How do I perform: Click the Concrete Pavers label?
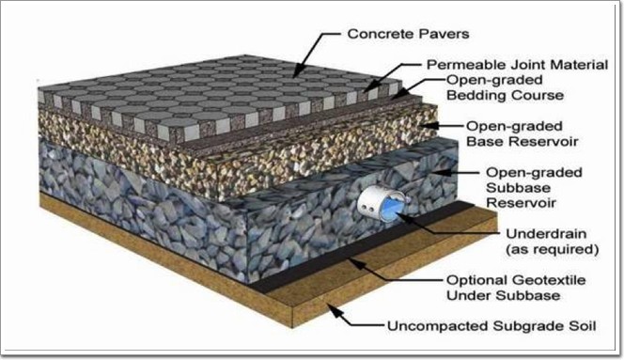(408, 34)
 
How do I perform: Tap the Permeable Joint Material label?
(518, 65)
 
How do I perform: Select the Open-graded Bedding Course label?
(506, 87)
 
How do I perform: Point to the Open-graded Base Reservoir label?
(523, 133)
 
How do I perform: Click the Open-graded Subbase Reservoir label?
(534, 188)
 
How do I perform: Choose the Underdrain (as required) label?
(552, 242)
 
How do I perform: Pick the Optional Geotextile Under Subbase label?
(516, 288)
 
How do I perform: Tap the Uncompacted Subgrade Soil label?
(491, 326)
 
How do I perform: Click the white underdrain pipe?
(381, 204)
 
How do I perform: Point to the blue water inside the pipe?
(391, 209)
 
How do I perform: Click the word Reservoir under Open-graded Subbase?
(521, 203)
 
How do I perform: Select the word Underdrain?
(546, 234)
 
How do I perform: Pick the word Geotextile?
(552, 280)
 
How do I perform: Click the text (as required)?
(552, 250)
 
